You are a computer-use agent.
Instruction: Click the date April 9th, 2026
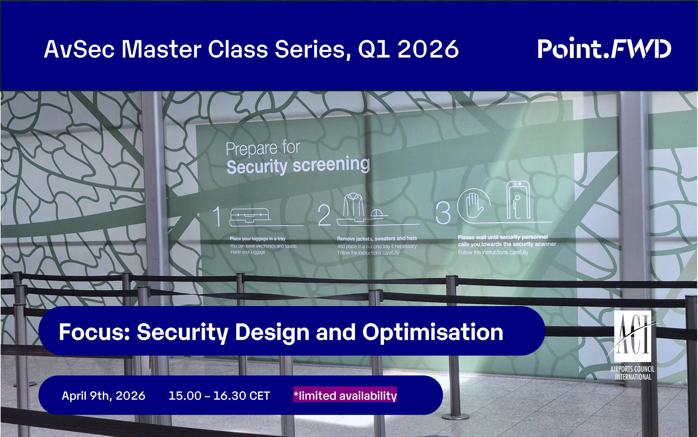pos(103,396)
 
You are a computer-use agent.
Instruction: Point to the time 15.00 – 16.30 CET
pos(219,396)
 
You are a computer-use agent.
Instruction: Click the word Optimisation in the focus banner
pos(432,332)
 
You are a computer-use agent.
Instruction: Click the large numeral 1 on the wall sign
pos(217,217)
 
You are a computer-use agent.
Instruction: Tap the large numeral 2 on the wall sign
pos(324,216)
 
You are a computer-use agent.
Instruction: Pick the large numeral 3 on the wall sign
pos(443,213)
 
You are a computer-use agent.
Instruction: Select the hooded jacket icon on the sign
pos(353,205)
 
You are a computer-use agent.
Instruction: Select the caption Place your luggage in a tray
pos(257,239)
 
